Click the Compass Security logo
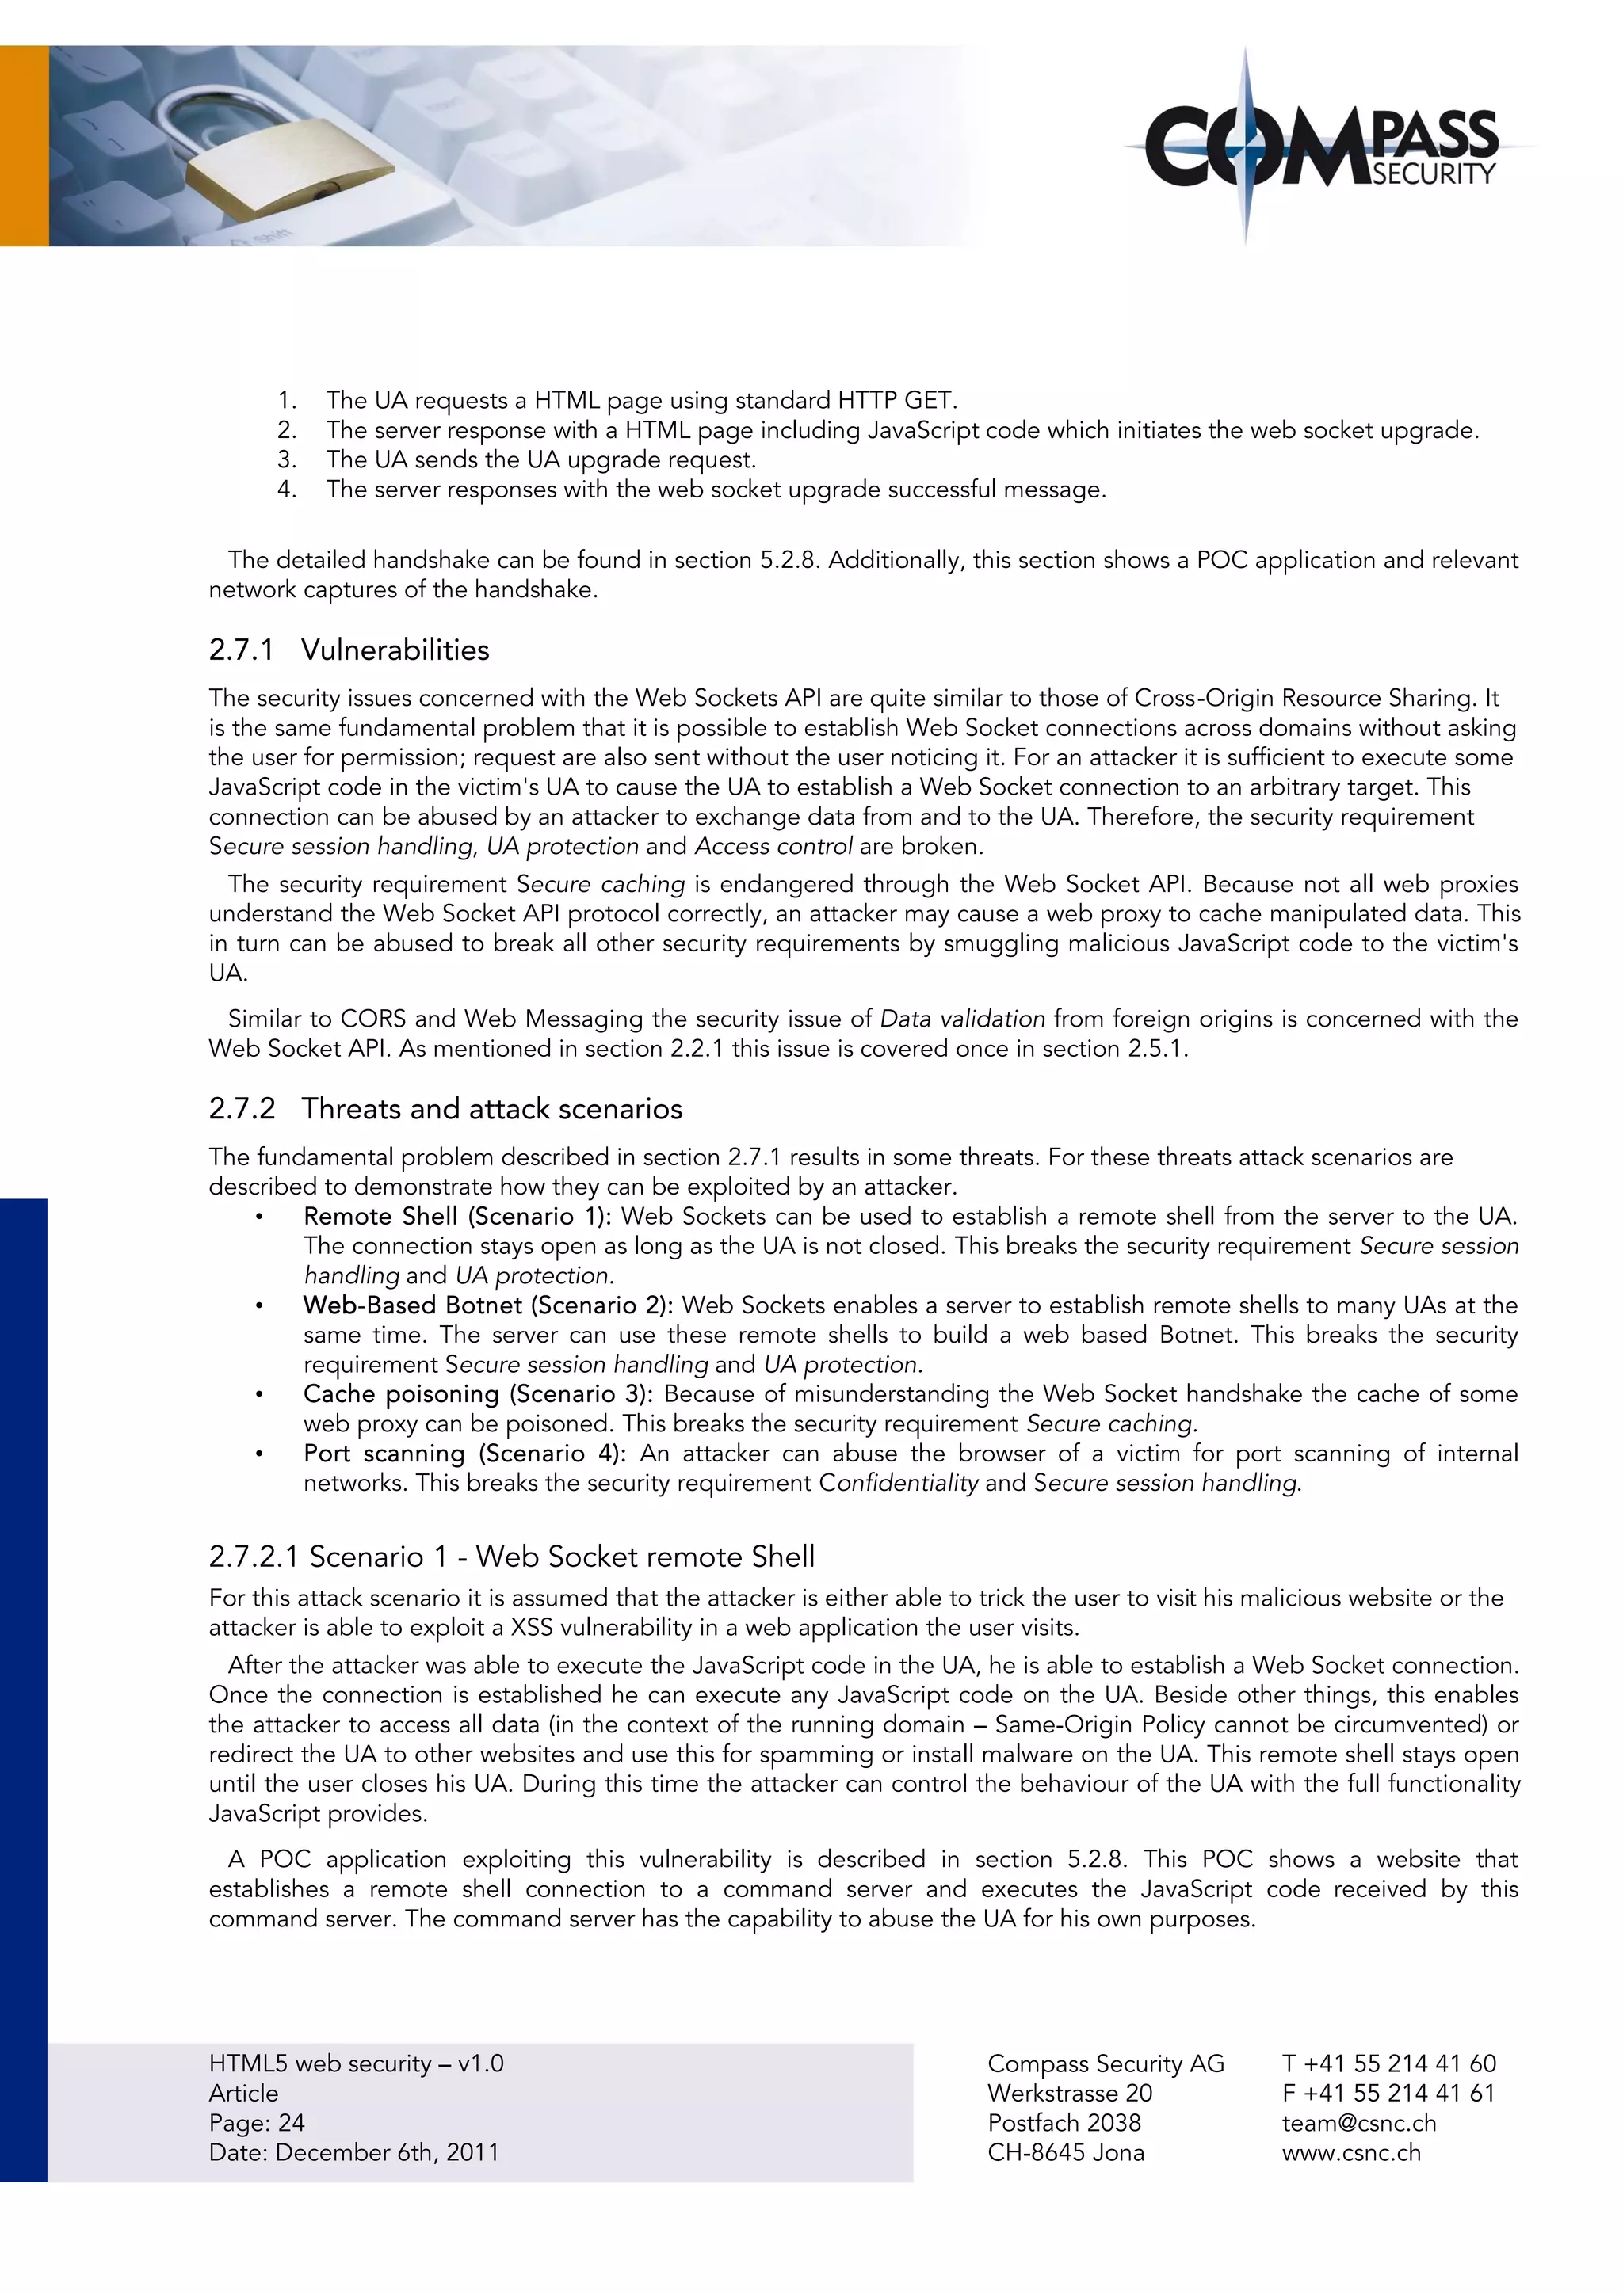point(1321,148)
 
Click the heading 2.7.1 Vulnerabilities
point(349,650)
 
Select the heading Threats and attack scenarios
point(491,1108)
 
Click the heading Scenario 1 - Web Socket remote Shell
point(512,1556)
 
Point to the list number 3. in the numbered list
point(287,459)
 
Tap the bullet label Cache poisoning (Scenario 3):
point(478,1394)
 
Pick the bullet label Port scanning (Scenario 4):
point(464,1453)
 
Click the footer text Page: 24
point(257,2122)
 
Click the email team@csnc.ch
point(1358,2122)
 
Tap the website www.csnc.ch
point(1350,2152)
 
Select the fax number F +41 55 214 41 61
point(1388,2092)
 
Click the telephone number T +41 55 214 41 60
point(1388,2063)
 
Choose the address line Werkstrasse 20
point(1068,2092)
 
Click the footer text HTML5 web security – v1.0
point(356,2063)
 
